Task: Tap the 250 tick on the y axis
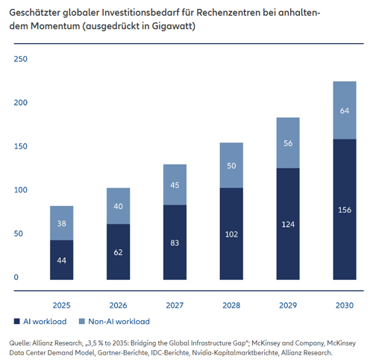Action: [20, 60]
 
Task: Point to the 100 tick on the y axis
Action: [20, 190]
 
